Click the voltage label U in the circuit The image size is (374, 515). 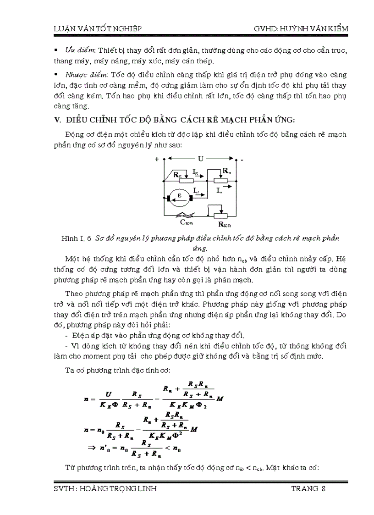pos(200,159)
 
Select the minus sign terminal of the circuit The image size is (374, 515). pos(242,160)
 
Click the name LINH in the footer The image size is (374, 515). pos(146,488)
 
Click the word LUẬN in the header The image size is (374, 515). pos(60,28)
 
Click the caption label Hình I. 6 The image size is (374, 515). pos(77,238)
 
